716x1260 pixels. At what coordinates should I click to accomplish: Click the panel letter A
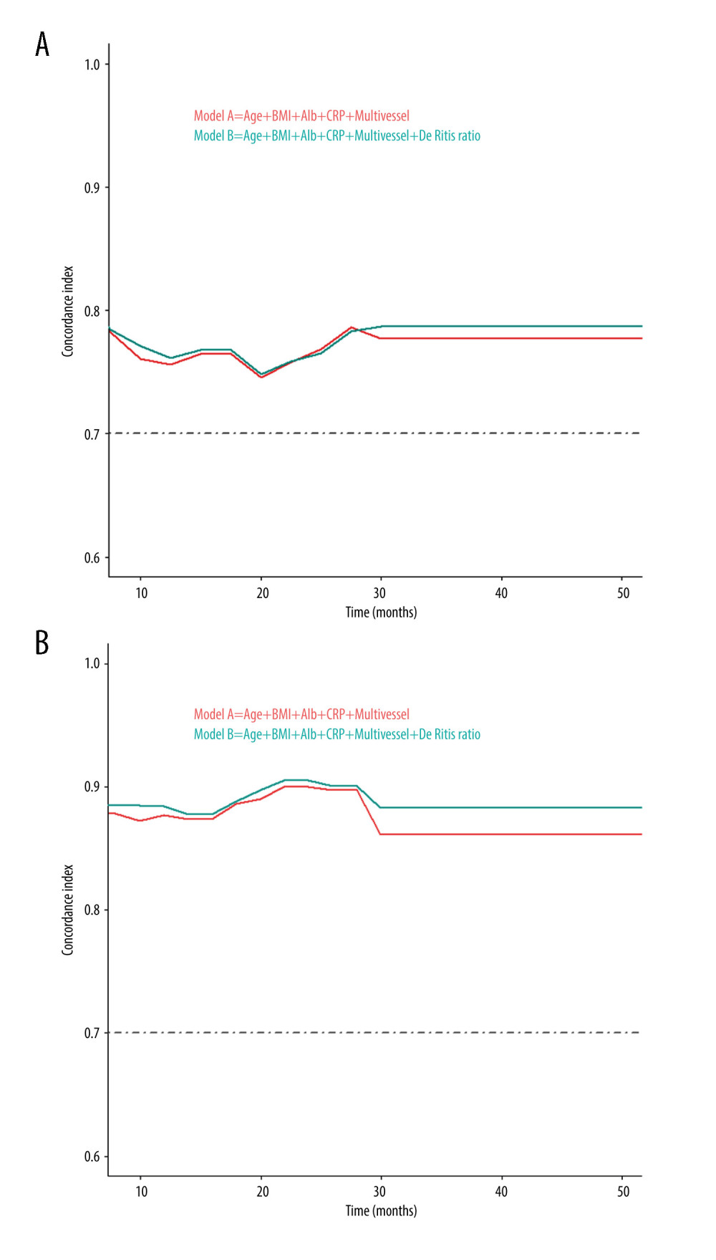(42, 44)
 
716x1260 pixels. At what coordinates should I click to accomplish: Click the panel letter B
(42, 643)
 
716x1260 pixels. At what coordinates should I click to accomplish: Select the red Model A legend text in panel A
(301, 116)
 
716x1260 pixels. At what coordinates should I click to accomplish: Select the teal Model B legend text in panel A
(337, 136)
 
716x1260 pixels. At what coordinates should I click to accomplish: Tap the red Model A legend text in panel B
(301, 714)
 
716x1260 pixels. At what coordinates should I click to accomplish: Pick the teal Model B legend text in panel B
(337, 734)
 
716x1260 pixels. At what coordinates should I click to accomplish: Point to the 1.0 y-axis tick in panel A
(92, 64)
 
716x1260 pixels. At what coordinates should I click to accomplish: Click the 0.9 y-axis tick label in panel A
(92, 188)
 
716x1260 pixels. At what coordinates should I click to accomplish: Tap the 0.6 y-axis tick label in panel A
(92, 558)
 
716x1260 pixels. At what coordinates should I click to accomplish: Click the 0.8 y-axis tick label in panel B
(92, 910)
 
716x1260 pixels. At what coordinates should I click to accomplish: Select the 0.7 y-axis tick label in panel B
(92, 1033)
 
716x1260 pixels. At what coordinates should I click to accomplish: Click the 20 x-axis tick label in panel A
(263, 593)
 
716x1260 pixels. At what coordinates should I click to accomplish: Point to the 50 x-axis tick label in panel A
(624, 593)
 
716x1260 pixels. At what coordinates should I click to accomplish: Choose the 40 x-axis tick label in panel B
(501, 1191)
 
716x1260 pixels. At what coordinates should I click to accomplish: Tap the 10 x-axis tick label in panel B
(142, 1191)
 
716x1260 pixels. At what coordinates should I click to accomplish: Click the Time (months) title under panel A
(381, 612)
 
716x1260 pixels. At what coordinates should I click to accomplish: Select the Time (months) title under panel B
(381, 1211)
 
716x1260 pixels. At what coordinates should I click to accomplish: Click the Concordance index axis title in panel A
(68, 311)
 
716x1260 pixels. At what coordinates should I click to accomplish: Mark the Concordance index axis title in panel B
(68, 909)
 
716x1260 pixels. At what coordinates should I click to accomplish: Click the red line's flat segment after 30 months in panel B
(508, 835)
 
